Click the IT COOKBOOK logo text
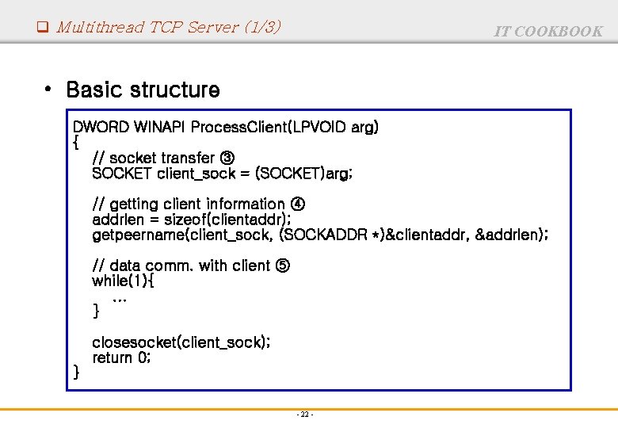[548, 31]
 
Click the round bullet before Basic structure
[49, 89]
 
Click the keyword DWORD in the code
[101, 127]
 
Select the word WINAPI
[161, 127]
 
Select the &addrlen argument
[511, 235]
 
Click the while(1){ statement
[124, 281]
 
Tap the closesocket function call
[135, 342]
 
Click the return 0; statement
[121, 357]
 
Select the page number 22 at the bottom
[305, 415]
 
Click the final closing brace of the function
[76, 372]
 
